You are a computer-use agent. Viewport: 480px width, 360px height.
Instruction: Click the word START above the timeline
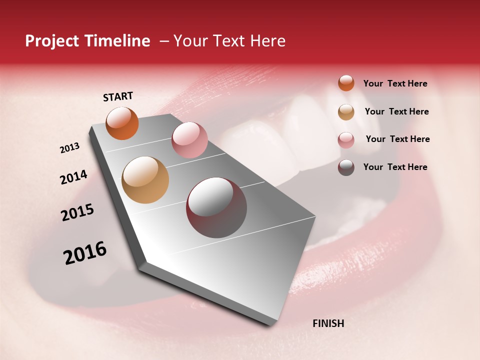(x=118, y=96)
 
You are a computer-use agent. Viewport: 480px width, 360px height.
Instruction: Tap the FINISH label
(x=328, y=323)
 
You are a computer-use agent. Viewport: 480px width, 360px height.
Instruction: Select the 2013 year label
(x=69, y=148)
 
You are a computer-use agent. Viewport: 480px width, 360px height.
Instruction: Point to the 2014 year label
(x=73, y=177)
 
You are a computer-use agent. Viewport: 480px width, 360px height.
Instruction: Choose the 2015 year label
(x=77, y=213)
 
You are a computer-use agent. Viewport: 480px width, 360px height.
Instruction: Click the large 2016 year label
(x=85, y=253)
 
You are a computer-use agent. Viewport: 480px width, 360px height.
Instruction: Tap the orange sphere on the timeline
(x=122, y=123)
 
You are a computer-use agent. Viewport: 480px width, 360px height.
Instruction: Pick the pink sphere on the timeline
(x=189, y=139)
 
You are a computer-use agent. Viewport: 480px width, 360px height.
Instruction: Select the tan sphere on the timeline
(x=145, y=179)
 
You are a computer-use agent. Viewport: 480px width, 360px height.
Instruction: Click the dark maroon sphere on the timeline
(x=216, y=207)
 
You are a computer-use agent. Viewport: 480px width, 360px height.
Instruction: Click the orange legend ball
(x=346, y=83)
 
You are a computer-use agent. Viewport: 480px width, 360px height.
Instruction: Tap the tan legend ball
(x=346, y=112)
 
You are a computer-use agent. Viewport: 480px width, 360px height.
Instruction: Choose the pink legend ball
(x=346, y=140)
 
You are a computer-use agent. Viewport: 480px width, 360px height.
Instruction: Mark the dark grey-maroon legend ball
(x=346, y=167)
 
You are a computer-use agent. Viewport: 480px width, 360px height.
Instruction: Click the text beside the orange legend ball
(x=395, y=83)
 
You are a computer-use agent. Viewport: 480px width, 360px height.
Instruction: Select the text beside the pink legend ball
(x=397, y=139)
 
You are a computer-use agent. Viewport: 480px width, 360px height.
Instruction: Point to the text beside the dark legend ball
(x=395, y=167)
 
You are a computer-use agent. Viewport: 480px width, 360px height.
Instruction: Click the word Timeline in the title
(x=118, y=41)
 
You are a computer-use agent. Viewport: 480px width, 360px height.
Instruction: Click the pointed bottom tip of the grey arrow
(x=272, y=325)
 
